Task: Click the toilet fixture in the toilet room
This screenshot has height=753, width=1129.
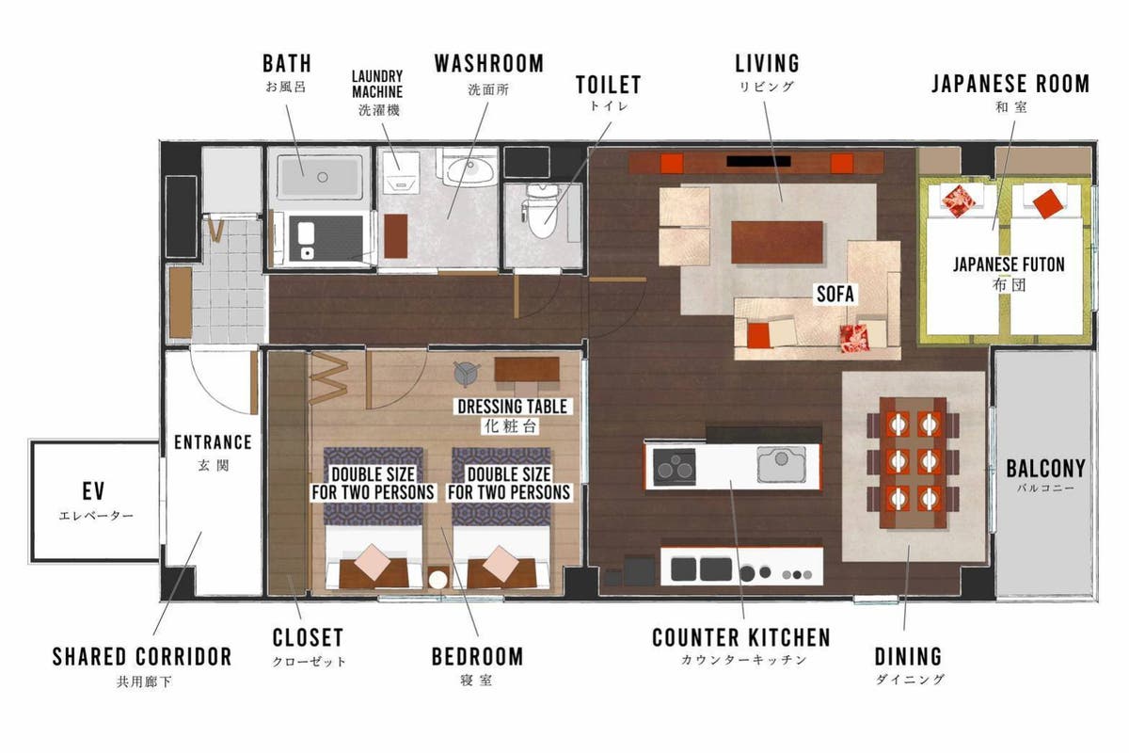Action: pos(540,210)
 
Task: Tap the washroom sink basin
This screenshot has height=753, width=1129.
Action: pos(470,168)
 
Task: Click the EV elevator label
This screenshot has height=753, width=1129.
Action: pos(94,491)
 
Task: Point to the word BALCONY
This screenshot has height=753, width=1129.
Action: pos(1046,469)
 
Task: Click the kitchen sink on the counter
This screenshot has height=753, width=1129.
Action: pos(781,463)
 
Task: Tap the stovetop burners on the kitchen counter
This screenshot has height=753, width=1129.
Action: pos(675,467)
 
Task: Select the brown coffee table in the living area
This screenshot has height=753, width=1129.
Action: pos(777,242)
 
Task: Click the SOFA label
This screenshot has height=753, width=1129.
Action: pos(835,294)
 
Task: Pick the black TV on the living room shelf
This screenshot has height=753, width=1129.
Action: pos(758,161)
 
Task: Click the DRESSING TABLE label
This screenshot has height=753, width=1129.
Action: pos(512,407)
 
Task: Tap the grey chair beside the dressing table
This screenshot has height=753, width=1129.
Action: pos(467,374)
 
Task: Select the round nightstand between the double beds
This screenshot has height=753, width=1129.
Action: pos(437,579)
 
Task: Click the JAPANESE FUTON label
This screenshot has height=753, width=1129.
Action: pos(1009,264)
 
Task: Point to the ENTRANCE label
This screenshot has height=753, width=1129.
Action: pos(213,442)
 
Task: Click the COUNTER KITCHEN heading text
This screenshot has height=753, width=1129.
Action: pos(741,637)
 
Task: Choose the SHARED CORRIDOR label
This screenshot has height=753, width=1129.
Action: pos(142,657)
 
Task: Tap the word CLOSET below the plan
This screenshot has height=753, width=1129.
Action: pos(308,637)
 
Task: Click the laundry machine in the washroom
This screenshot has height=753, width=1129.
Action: pos(401,172)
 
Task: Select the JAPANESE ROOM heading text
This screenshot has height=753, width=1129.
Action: pos(1010,84)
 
